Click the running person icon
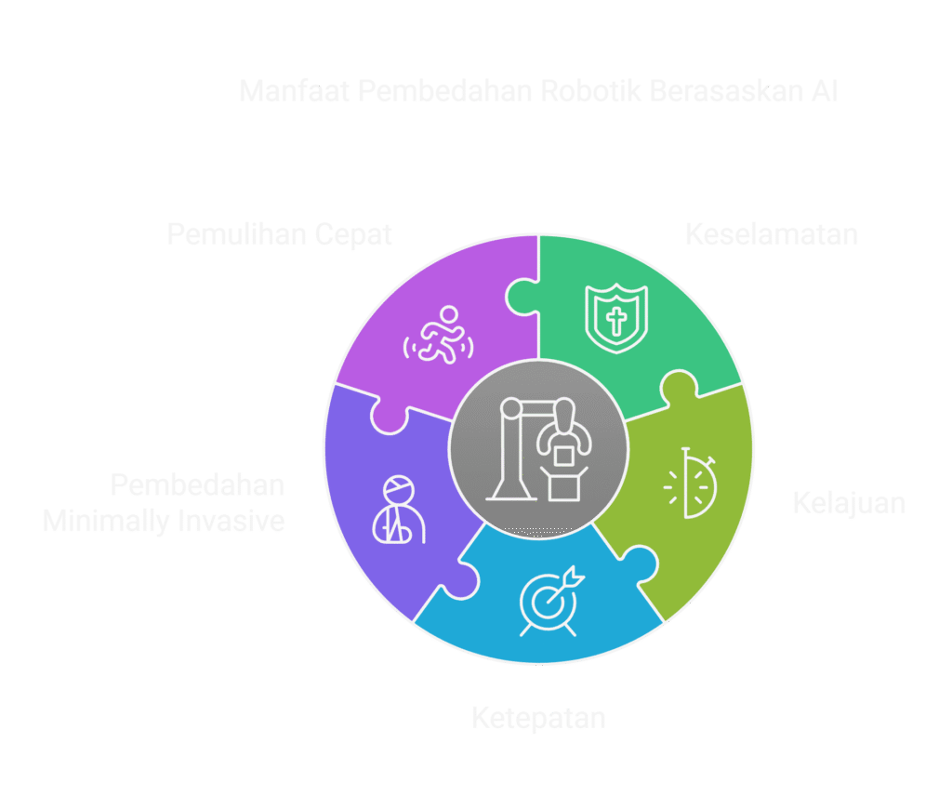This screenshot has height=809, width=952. point(439,336)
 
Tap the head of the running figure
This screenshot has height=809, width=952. point(449,314)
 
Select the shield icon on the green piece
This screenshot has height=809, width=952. point(615,318)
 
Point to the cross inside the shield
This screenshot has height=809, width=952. point(615,322)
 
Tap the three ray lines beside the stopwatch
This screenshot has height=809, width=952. point(671,486)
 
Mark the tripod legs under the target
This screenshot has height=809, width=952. point(549,630)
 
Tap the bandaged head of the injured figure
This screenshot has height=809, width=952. point(398,486)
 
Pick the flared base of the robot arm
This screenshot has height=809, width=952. point(507,485)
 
